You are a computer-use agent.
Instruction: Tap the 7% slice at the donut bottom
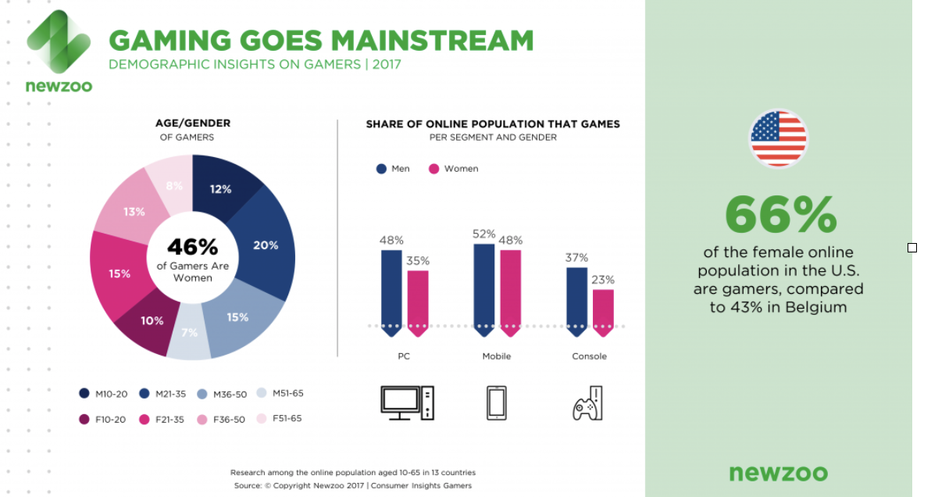click(x=190, y=334)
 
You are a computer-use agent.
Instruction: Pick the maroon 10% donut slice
click(x=150, y=323)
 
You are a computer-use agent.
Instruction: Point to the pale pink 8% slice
click(x=172, y=184)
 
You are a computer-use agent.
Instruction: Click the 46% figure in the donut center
click(x=192, y=246)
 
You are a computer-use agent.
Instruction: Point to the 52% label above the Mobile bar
click(x=484, y=234)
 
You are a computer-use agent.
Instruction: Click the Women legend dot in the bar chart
click(x=434, y=169)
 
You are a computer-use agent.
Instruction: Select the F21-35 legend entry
click(x=162, y=419)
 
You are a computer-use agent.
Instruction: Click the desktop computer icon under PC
click(x=408, y=403)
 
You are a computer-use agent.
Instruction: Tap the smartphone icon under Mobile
click(x=497, y=403)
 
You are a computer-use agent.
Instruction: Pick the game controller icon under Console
click(x=588, y=403)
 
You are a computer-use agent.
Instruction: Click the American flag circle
click(x=779, y=138)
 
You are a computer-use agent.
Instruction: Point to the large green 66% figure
click(x=781, y=214)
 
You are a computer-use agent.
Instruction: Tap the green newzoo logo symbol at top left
click(x=59, y=41)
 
